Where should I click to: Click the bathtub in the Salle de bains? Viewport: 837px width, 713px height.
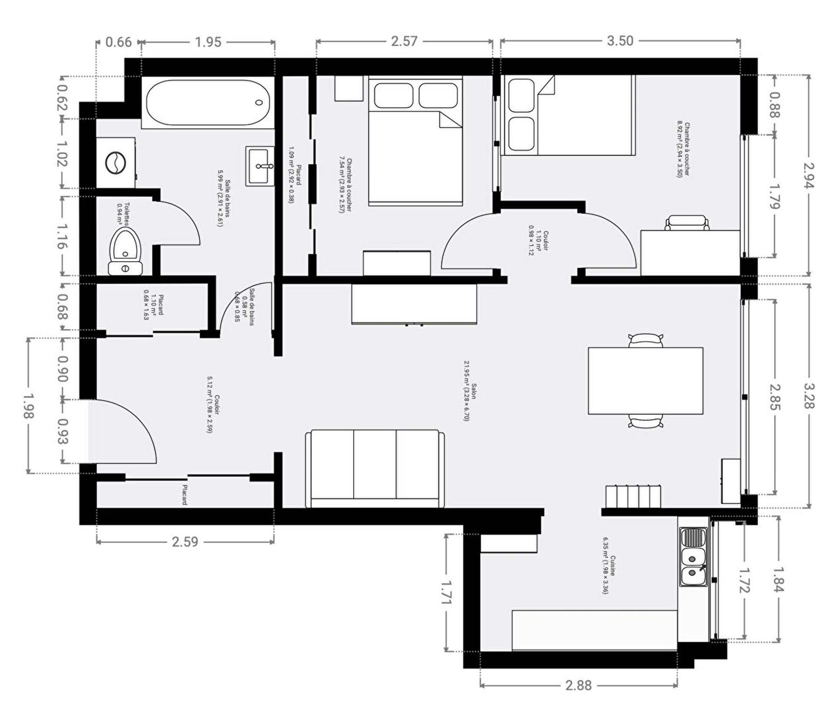208,103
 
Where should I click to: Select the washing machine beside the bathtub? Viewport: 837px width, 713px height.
116,163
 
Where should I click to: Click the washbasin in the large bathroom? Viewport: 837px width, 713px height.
260,166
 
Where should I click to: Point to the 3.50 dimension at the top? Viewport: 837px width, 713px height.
619,41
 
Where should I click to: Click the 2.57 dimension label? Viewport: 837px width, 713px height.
404,41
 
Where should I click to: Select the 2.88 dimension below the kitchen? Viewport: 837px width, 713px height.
578,686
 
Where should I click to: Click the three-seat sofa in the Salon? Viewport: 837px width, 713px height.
374,469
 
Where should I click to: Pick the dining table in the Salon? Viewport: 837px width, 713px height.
645,380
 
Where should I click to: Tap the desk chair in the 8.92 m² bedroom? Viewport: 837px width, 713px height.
687,223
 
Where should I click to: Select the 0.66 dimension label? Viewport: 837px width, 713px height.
118,42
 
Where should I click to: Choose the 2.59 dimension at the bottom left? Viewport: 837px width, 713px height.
185,542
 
